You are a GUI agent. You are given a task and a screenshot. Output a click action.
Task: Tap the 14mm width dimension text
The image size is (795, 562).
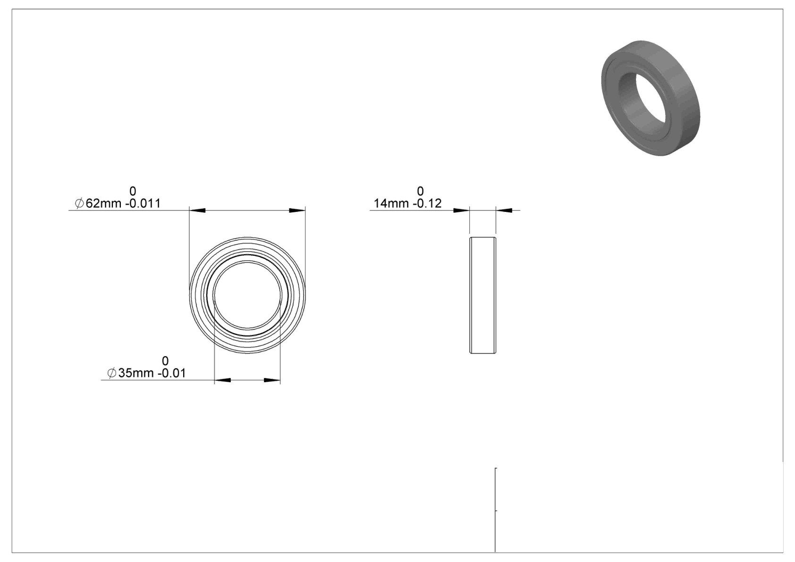click(392, 203)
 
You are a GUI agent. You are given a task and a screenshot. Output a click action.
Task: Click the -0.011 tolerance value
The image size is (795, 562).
click(143, 203)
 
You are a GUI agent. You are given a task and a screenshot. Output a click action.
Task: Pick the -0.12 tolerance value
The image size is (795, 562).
click(427, 203)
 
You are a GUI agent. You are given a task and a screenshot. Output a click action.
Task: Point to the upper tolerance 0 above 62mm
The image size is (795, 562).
click(133, 191)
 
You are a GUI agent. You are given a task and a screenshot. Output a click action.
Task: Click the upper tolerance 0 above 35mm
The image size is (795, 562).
click(165, 361)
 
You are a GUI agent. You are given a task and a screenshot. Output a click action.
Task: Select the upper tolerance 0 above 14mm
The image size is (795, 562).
click(420, 191)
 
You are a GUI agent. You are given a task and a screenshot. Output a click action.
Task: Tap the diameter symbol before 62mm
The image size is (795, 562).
click(79, 203)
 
